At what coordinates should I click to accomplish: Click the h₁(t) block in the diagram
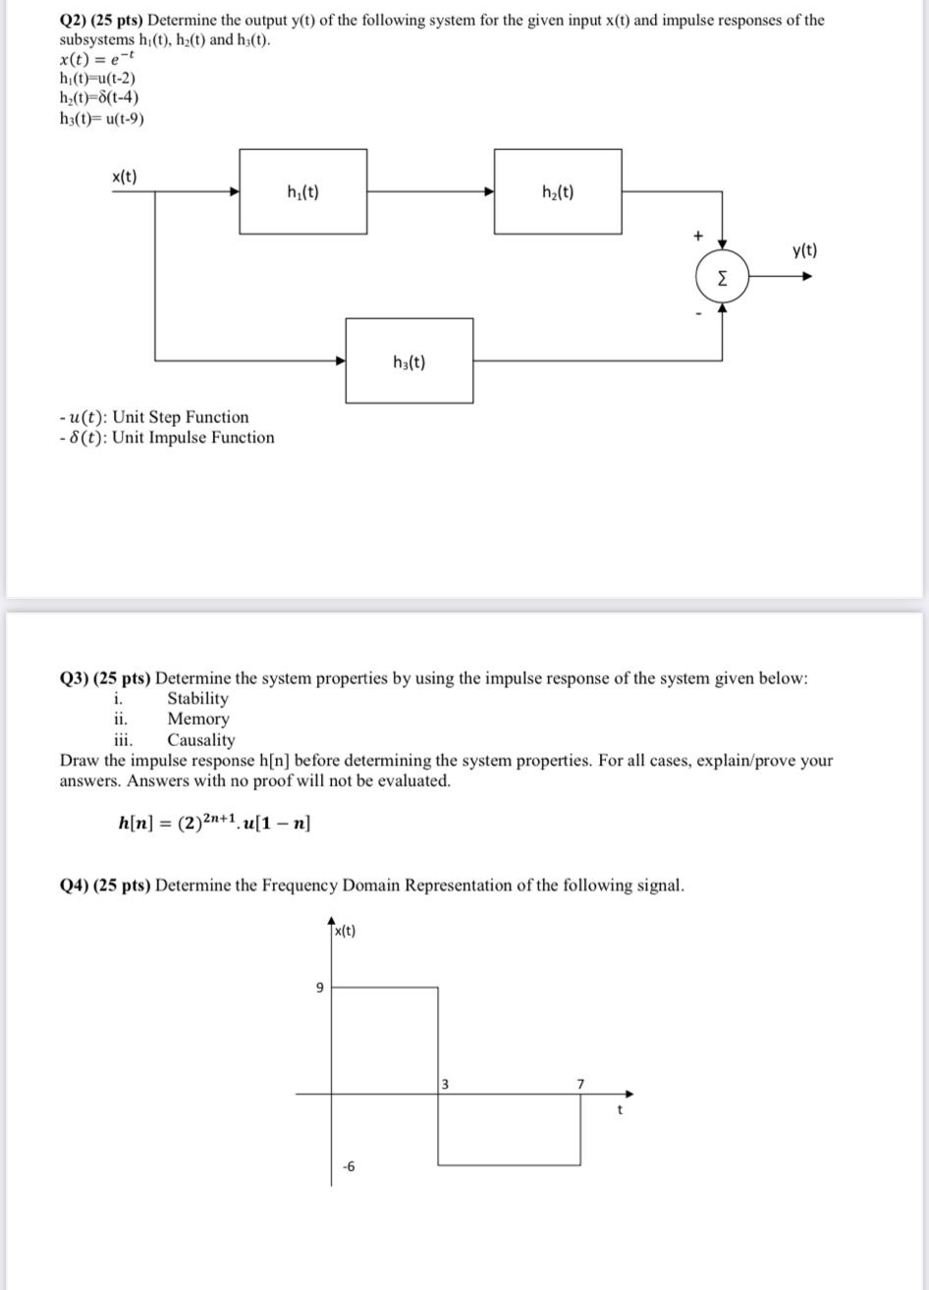[303, 191]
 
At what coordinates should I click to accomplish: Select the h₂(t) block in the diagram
[558, 191]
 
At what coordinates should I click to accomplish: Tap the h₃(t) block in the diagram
[409, 360]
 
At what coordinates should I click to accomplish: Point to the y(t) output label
[803, 250]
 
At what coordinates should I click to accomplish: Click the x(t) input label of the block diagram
[124, 177]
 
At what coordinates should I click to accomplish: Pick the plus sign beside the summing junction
[698, 236]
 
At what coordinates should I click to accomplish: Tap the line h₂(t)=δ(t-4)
[99, 97]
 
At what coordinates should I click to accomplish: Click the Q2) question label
[74, 20]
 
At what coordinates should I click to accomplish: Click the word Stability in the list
[197, 698]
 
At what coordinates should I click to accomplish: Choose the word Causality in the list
[201, 740]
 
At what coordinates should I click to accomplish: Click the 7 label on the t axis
[580, 1083]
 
